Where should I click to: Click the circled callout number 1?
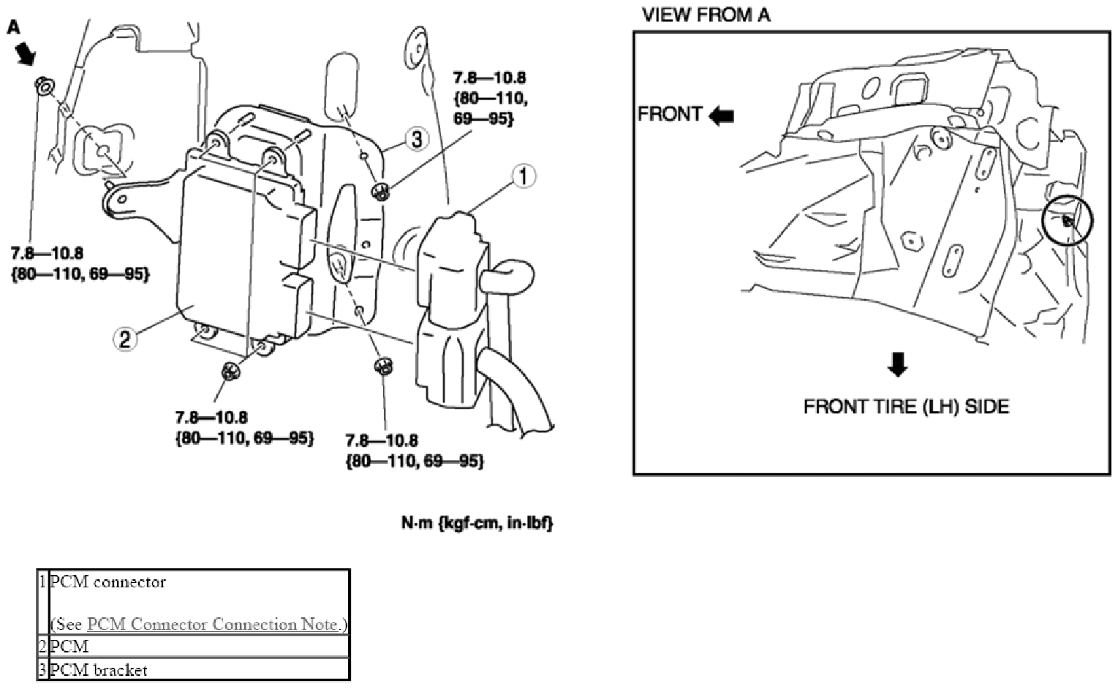[x=523, y=176]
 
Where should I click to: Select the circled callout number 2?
[x=125, y=339]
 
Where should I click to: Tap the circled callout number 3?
[x=417, y=139]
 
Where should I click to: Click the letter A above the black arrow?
[x=13, y=27]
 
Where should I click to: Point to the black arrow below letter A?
[x=26, y=53]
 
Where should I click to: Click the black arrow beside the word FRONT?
[x=722, y=116]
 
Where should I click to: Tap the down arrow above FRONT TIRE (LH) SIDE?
[x=897, y=364]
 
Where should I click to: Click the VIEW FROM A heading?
[x=706, y=15]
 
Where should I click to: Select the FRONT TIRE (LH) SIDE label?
[x=906, y=407]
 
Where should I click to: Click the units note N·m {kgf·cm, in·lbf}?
[x=477, y=523]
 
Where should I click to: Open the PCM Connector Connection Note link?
[x=212, y=624]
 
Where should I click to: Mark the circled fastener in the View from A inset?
[x=1068, y=220]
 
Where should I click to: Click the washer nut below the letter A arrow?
[x=44, y=86]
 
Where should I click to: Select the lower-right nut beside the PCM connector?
[x=383, y=366]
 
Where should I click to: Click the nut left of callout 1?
[x=381, y=191]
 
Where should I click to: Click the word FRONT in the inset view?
[x=670, y=114]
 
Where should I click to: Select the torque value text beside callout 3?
[x=490, y=98]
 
